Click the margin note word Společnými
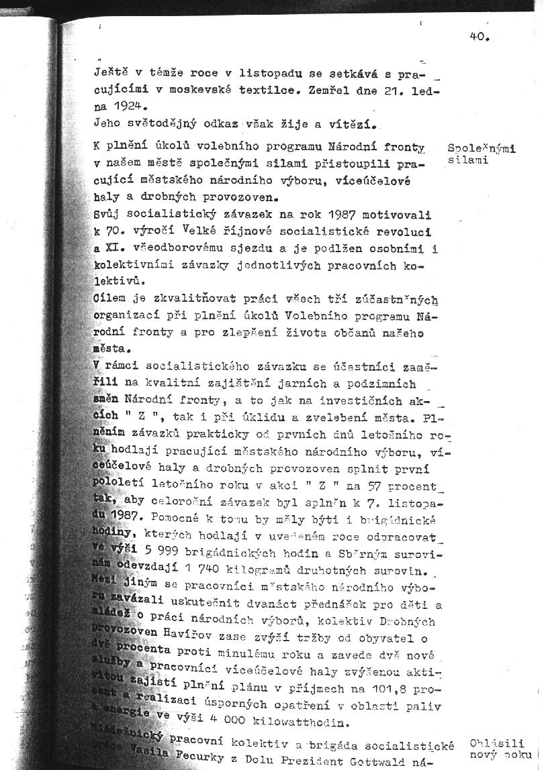pos(482,149)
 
